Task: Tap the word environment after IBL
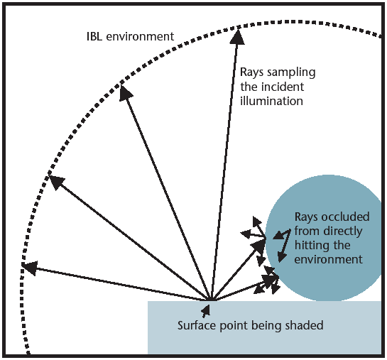tap(140, 36)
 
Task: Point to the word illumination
tap(271, 101)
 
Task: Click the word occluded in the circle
tap(346, 217)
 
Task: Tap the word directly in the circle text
tap(343, 232)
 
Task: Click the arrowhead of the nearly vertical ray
tap(237, 36)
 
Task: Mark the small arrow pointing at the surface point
tap(206, 311)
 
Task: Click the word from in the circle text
tap(307, 231)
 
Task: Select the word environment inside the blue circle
tap(328, 260)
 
